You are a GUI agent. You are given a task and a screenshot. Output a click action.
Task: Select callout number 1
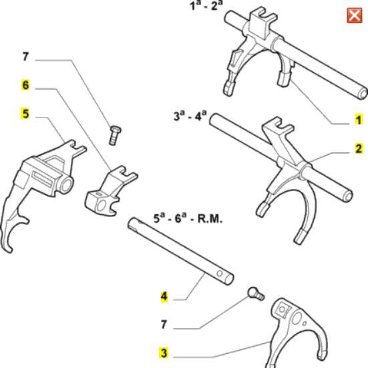click(x=358, y=120)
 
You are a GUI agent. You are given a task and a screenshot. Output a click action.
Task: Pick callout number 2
click(x=358, y=149)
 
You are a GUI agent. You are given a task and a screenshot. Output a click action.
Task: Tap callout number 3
click(x=164, y=352)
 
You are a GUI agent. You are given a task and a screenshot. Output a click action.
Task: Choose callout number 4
click(x=164, y=295)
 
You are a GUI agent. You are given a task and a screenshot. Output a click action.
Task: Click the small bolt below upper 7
click(x=114, y=134)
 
